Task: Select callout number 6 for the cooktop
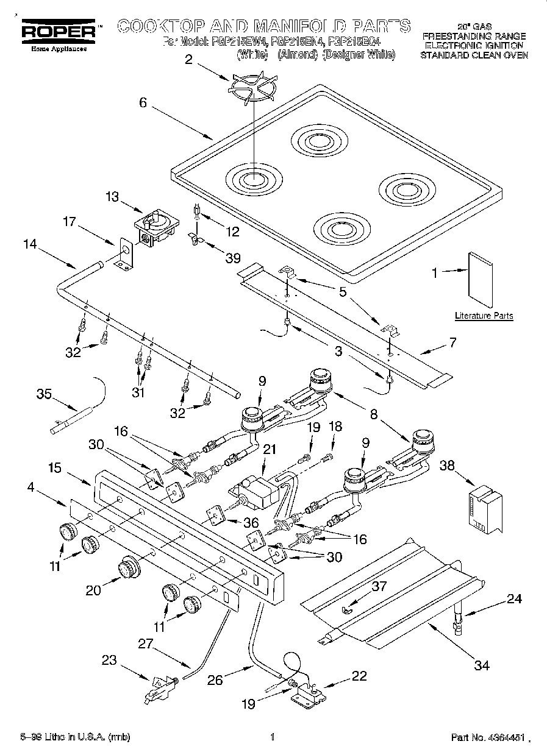pyautogui.click(x=143, y=102)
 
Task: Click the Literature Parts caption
pyautogui.click(x=484, y=316)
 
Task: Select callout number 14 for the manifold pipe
pyautogui.click(x=30, y=244)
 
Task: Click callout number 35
pyautogui.click(x=43, y=394)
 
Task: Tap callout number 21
pyautogui.click(x=269, y=449)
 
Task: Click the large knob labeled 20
pyautogui.click(x=128, y=567)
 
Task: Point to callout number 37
pyautogui.click(x=379, y=586)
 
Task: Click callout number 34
pyautogui.click(x=482, y=665)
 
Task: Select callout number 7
pyautogui.click(x=452, y=342)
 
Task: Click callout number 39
pyautogui.click(x=233, y=258)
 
